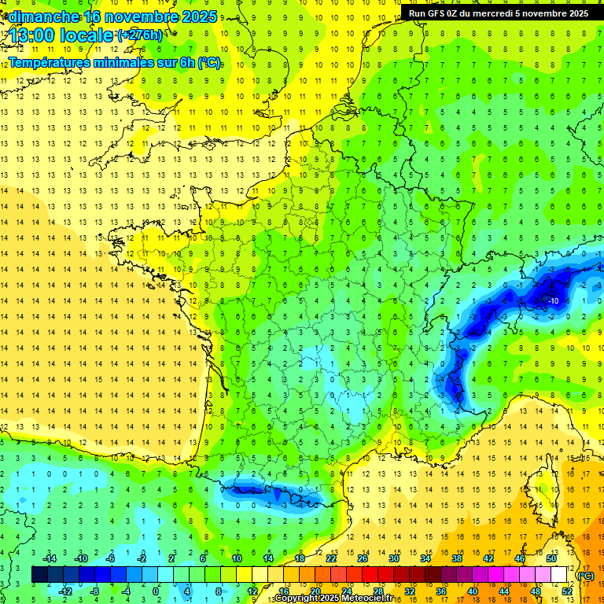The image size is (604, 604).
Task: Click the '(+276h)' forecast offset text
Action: (140, 35)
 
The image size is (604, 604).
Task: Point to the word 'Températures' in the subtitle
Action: (56, 62)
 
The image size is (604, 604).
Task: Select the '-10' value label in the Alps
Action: (553, 300)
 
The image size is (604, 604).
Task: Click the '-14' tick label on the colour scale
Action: (50, 558)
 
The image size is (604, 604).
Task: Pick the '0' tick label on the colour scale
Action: (156, 591)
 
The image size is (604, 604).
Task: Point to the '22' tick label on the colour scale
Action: (331, 558)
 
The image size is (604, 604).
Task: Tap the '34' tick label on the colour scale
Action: (425, 558)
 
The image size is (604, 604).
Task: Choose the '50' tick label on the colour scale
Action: (551, 558)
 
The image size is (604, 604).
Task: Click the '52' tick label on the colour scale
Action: (566, 591)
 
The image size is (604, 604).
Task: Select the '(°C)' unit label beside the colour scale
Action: (585, 575)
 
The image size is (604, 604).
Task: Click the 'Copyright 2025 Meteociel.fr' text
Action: (333, 598)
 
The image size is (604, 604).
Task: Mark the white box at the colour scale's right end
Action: (558, 574)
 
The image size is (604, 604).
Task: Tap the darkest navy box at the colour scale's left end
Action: (39, 574)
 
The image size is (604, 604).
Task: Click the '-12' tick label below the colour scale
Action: (65, 591)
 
